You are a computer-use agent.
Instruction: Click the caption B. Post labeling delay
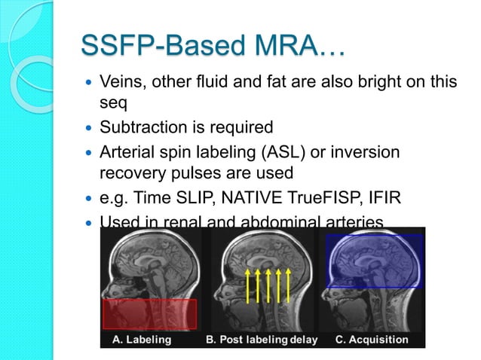[262, 340]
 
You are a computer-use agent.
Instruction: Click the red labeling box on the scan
[149, 313]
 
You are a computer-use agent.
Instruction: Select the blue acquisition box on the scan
[375, 261]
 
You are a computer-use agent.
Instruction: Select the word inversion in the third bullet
[366, 154]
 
